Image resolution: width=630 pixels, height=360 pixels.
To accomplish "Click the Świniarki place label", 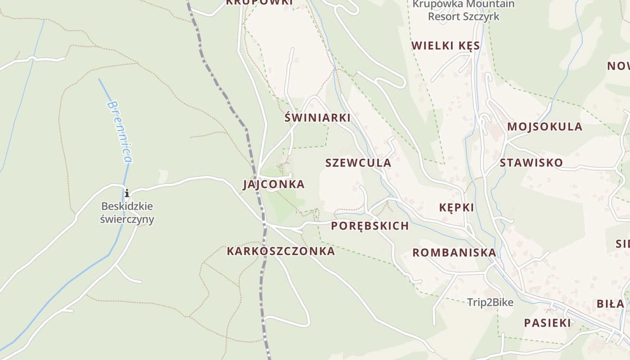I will coord(318,118).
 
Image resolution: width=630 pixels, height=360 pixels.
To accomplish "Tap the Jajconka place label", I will coord(274,184).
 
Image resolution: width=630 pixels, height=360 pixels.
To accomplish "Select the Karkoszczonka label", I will coord(281,251).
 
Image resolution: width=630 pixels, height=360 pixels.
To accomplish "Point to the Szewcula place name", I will coord(358,163).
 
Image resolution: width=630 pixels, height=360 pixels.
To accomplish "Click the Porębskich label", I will coord(370,226).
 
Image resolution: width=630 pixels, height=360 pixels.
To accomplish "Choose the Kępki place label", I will coord(456,207).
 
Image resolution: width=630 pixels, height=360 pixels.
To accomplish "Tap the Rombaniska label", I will coord(454,252).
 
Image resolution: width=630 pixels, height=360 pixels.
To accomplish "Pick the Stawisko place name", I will coord(531,162).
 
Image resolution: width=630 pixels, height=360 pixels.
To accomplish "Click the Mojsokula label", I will coord(544,127).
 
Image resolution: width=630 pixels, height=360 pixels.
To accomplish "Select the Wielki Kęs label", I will coord(445,46).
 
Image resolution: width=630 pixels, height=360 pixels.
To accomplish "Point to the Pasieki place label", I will coord(547,323).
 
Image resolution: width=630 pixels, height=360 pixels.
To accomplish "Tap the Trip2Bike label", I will coord(490,302).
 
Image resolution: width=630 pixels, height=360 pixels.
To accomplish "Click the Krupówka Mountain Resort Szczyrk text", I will coord(463,10).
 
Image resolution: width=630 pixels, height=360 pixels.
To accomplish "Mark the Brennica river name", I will coord(120,131).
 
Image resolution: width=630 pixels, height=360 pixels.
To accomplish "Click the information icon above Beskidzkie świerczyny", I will coord(127,193).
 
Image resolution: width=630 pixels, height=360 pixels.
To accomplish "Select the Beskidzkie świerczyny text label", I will coord(127,213).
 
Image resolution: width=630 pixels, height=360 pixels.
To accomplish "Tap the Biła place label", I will coord(610,304).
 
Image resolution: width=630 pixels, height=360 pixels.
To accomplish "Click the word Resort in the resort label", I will coord(444,17).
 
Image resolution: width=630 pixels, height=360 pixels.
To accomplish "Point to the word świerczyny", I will coord(127,220).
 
